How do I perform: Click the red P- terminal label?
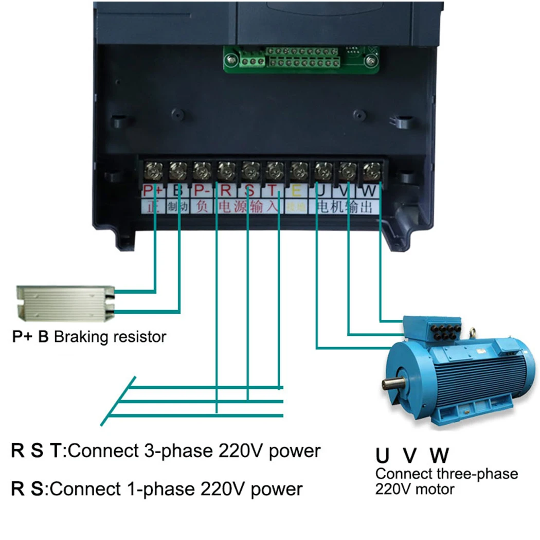201,191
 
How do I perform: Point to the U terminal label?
321,191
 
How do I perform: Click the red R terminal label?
225,191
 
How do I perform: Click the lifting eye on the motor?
473,331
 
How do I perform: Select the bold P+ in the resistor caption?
23,337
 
